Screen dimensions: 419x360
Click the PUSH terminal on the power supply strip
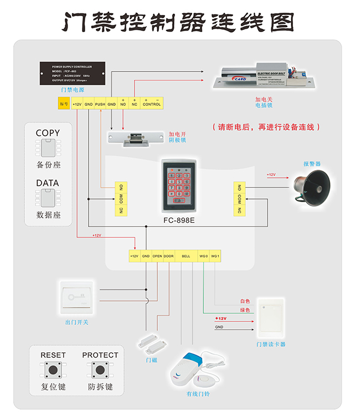click(100, 104)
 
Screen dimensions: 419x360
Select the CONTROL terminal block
click(151, 104)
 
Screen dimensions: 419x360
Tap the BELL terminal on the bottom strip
click(186, 257)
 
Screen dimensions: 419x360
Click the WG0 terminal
click(203, 257)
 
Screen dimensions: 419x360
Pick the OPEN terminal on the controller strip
click(157, 257)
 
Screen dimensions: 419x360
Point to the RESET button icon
click(53, 370)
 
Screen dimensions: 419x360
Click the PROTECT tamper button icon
click(100, 370)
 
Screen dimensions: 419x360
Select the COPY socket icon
click(48, 149)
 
